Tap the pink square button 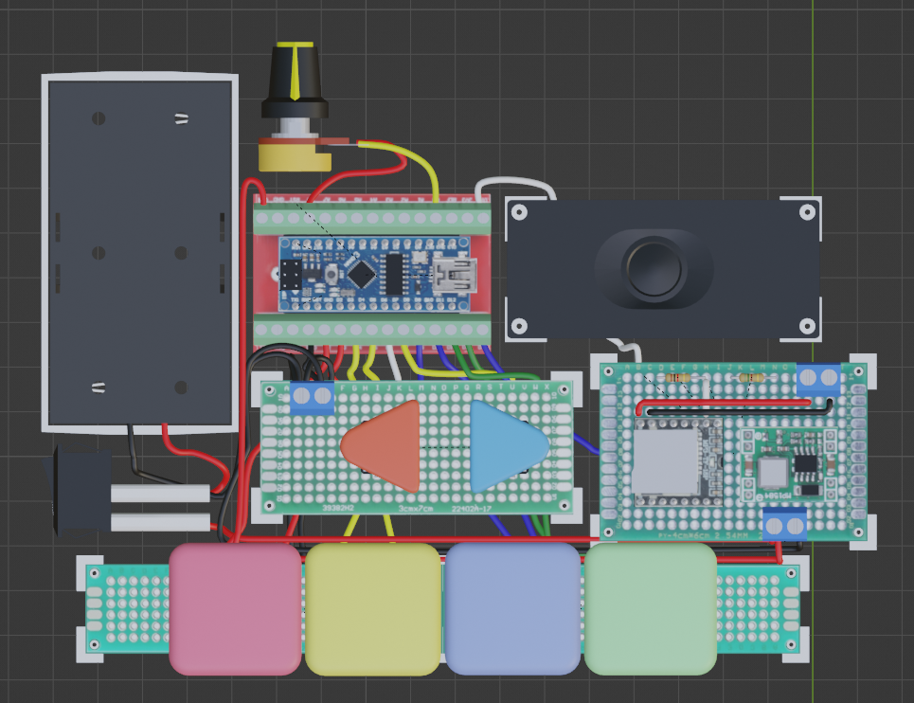pos(235,608)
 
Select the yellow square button pos(372,608)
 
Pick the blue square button pos(511,608)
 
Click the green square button pos(650,608)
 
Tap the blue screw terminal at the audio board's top pos(818,379)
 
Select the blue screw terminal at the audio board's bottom pos(784,524)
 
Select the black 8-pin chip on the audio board pos(806,463)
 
